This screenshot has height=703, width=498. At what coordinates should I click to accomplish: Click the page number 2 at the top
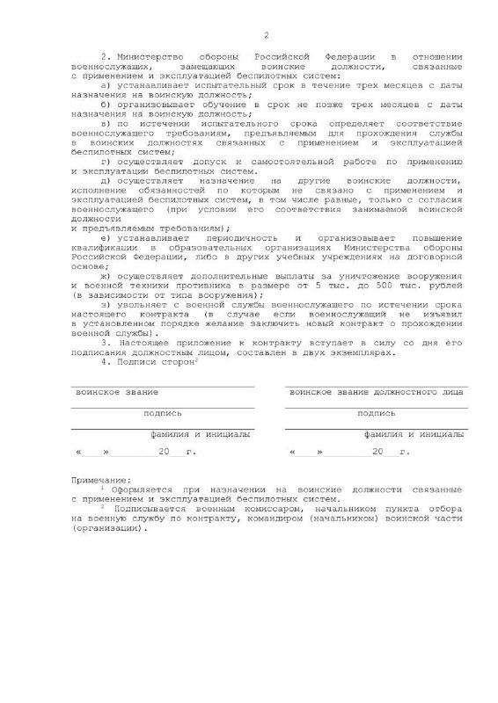point(265,35)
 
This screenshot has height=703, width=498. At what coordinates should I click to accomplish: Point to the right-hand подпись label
point(376,412)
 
